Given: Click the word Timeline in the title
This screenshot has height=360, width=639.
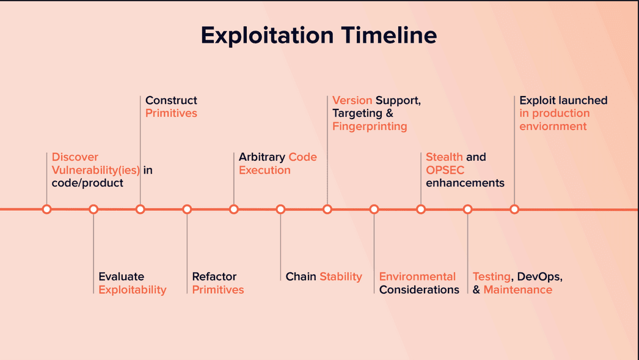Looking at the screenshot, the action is tap(389, 35).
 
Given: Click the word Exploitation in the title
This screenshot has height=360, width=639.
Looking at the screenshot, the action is tap(268, 36).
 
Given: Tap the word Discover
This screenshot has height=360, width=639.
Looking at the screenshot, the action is tap(75, 157).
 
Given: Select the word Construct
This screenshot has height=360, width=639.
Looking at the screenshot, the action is tap(171, 100).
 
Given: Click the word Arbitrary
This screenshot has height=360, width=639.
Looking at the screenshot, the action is tap(261, 157).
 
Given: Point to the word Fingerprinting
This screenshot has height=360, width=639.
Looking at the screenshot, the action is tap(370, 127).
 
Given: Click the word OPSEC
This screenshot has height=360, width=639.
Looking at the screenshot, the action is tap(445, 170).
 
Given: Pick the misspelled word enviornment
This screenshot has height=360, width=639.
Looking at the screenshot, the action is tap(553, 127).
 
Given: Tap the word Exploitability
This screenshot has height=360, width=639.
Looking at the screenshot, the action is tap(133, 290).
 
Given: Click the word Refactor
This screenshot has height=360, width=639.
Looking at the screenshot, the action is tap(214, 276).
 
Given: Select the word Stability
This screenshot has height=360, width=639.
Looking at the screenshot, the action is tap(341, 277).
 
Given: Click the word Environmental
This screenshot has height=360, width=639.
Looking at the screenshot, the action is tap(417, 276).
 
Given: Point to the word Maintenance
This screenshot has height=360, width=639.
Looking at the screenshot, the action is tap(518, 290).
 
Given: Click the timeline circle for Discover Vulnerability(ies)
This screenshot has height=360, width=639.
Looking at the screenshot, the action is tap(47, 210).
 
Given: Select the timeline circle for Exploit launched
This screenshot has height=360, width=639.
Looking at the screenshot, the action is tap(514, 210).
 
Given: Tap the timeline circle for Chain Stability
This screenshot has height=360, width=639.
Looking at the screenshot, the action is tap(280, 210).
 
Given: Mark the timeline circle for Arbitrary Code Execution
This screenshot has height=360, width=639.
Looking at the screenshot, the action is tap(233, 210).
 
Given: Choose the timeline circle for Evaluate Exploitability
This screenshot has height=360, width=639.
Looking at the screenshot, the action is tap(93, 210).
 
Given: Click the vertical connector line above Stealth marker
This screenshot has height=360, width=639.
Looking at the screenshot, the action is tap(421, 179).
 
